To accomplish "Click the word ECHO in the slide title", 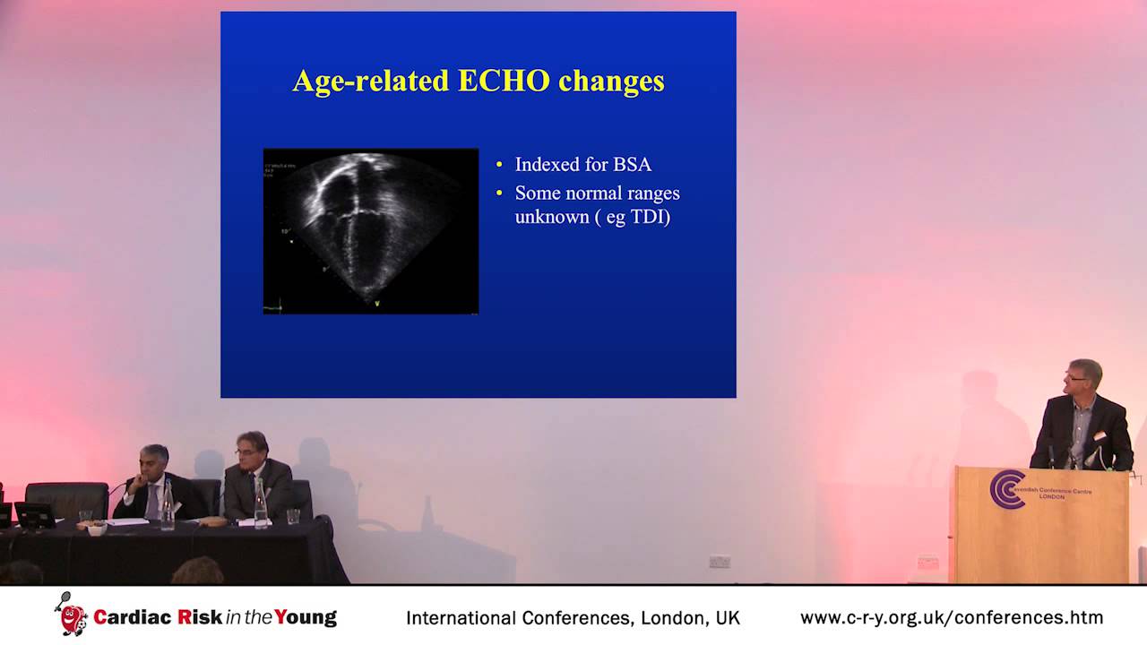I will click(x=505, y=81).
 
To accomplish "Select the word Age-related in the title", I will click(x=371, y=82).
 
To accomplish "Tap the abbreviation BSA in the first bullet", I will click(x=632, y=165).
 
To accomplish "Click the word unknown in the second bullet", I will click(x=552, y=216).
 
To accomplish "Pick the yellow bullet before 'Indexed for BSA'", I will click(x=500, y=166).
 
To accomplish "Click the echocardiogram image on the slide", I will click(x=371, y=231).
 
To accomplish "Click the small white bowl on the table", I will click(x=96, y=529).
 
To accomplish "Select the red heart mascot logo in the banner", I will click(x=72, y=617).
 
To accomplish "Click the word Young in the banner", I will click(x=306, y=617).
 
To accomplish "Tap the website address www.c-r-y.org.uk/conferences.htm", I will click(x=951, y=617).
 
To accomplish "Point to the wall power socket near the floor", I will click(x=719, y=562).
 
